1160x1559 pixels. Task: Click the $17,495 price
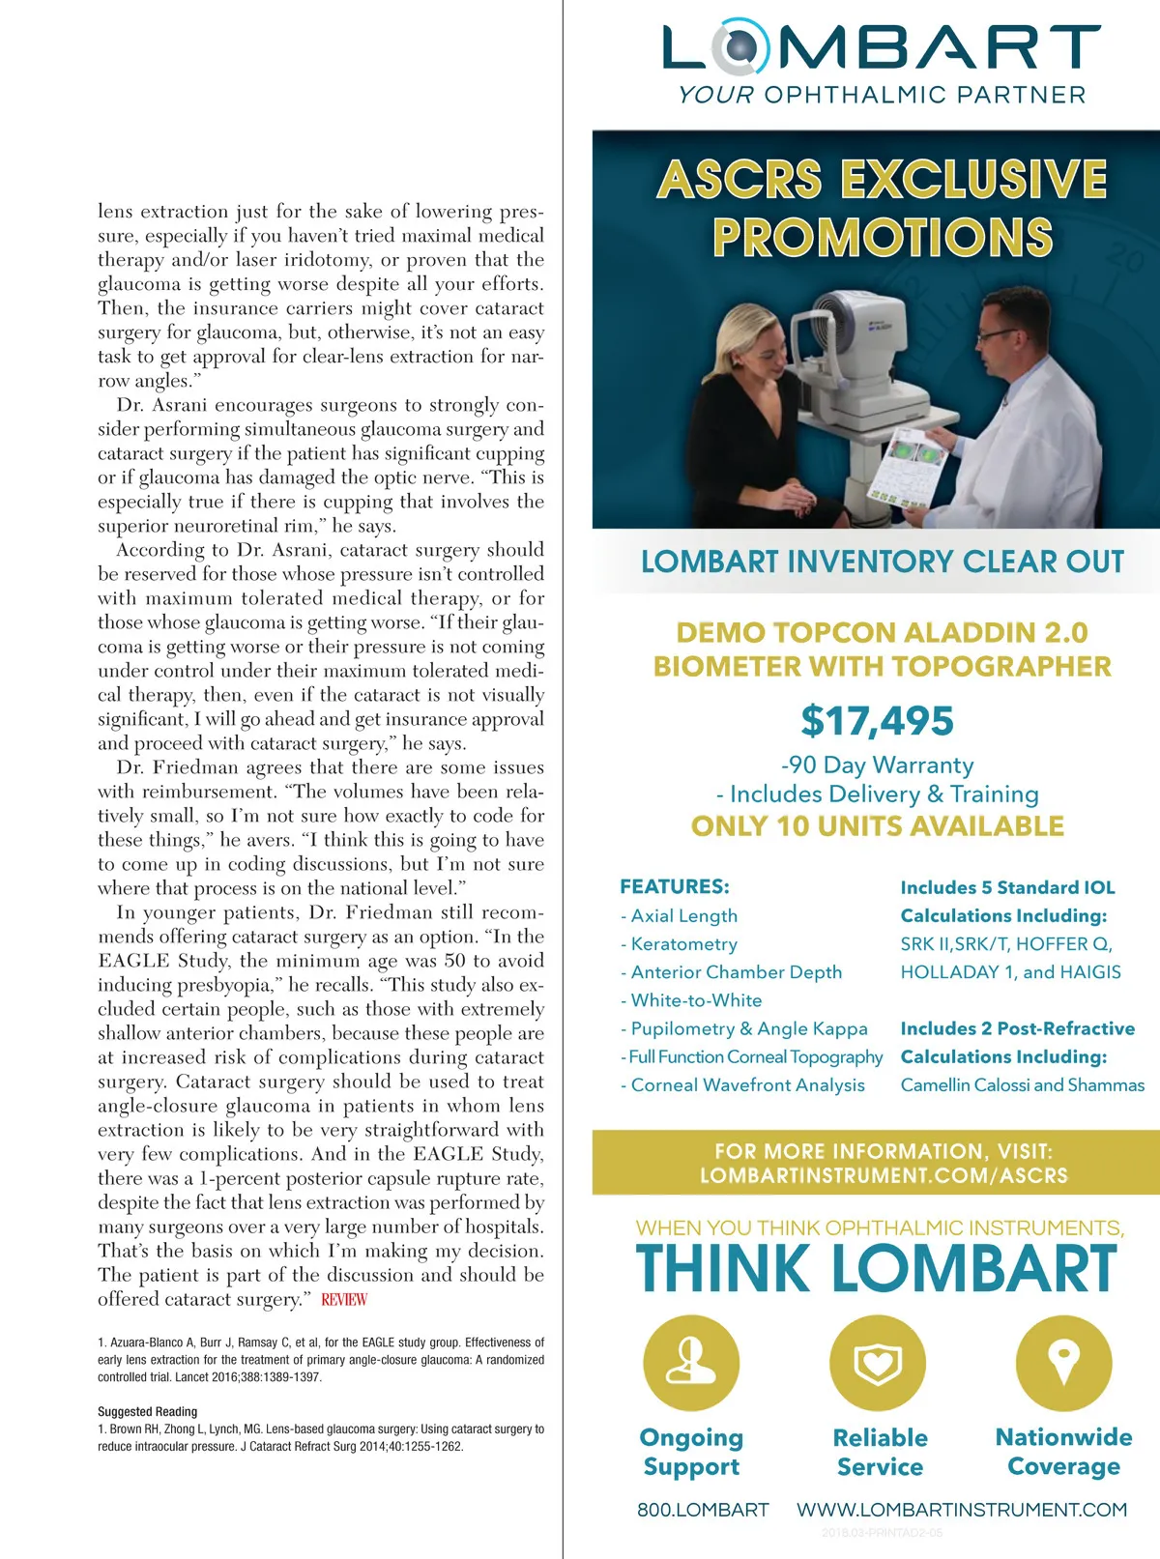pyautogui.click(x=877, y=721)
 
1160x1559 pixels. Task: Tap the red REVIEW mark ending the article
pyautogui.click(x=344, y=1300)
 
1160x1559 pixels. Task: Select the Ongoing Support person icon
pyautogui.click(x=691, y=1363)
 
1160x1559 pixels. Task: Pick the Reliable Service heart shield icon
pyautogui.click(x=878, y=1363)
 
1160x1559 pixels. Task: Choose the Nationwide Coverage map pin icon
pyautogui.click(x=1063, y=1363)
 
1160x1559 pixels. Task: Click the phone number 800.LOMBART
pyautogui.click(x=703, y=1510)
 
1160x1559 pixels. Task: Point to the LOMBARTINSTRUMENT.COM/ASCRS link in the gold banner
pyautogui.click(x=884, y=1176)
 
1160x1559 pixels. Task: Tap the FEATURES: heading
pyautogui.click(x=675, y=886)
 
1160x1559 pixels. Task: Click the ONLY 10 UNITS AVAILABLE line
pyautogui.click(x=877, y=826)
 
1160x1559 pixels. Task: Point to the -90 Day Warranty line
pyautogui.click(x=877, y=765)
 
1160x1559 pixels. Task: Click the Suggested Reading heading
pyautogui.click(x=147, y=1411)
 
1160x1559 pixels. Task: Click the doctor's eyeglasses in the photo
pyautogui.click(x=995, y=337)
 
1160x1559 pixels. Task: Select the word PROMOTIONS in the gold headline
pyautogui.click(x=882, y=238)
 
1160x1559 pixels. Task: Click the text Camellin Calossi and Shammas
pyautogui.click(x=1022, y=1085)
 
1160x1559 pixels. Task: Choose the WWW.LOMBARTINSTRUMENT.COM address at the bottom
pyautogui.click(x=962, y=1510)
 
